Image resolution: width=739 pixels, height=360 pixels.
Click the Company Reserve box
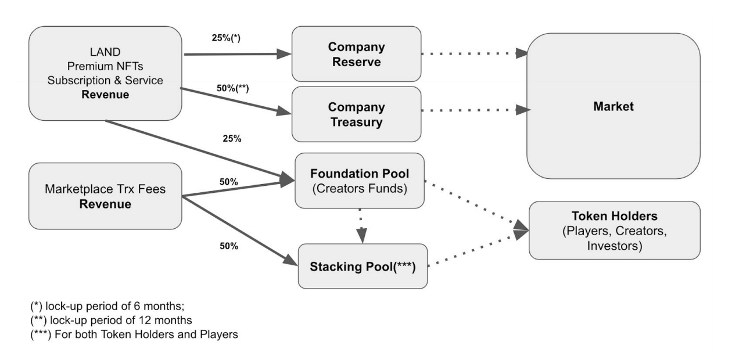click(x=356, y=53)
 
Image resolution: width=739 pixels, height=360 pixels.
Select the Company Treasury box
click(x=356, y=114)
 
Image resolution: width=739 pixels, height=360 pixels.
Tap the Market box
click(x=613, y=106)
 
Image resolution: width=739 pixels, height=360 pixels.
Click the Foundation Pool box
click(x=360, y=180)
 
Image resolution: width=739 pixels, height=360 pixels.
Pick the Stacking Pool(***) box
click(x=363, y=267)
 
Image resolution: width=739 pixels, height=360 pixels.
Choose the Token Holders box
click(x=614, y=231)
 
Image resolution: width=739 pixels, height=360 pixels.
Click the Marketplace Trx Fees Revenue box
click(x=105, y=196)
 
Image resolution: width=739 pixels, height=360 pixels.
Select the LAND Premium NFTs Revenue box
click(x=105, y=73)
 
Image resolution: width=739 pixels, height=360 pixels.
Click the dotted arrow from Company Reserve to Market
click(x=473, y=53)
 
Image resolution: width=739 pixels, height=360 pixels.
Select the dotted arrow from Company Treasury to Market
click(x=473, y=110)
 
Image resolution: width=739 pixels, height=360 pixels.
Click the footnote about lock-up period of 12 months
click(x=111, y=320)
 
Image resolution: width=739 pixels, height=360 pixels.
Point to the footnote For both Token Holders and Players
click(x=134, y=335)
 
